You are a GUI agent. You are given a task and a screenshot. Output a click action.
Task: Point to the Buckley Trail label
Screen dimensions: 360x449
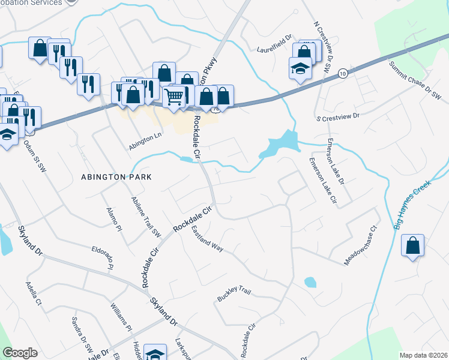[234, 295]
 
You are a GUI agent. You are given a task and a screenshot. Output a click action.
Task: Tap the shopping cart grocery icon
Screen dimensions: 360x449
[174, 95]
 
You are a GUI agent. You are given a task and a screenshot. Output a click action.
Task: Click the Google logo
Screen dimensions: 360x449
[20, 353]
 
